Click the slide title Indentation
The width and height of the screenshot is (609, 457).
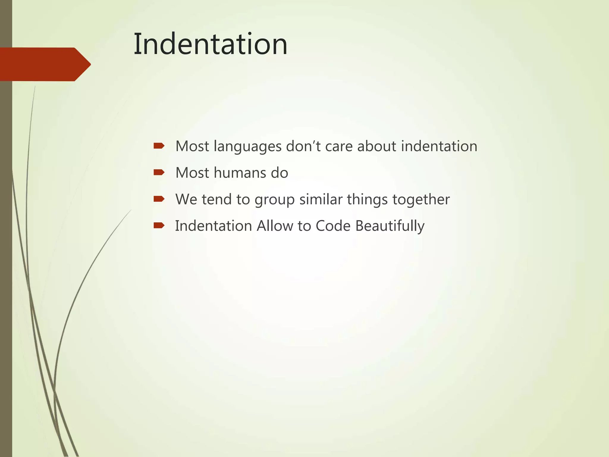(x=210, y=44)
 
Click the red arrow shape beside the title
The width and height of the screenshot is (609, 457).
(x=45, y=64)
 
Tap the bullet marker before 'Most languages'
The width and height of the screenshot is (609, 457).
(x=159, y=146)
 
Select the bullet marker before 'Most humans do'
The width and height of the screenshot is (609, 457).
(x=159, y=172)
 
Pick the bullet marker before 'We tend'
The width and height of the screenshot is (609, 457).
(x=159, y=199)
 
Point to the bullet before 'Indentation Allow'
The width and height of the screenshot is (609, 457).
(x=159, y=225)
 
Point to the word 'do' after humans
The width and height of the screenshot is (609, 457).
(x=279, y=173)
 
